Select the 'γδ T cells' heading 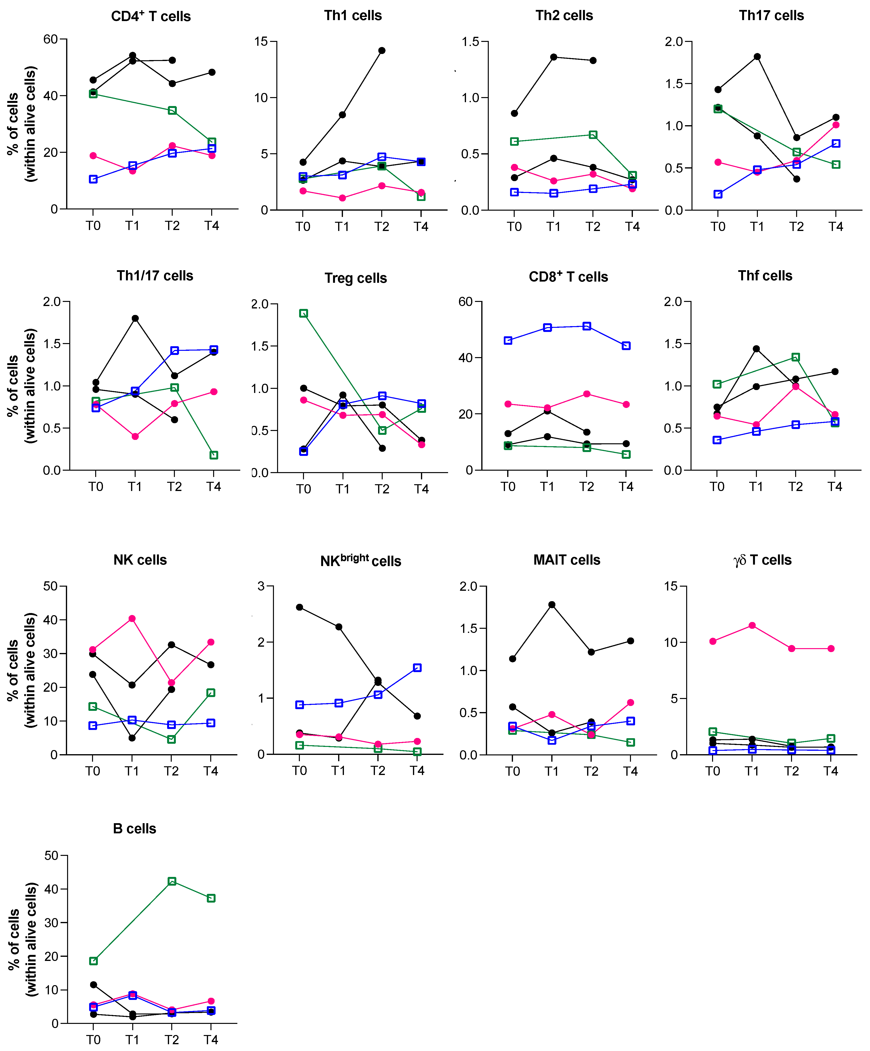coord(762,560)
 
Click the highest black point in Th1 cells coord(382,51)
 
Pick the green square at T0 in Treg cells coord(303,313)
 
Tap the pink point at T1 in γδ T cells coord(752,626)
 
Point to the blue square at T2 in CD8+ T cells coord(587,326)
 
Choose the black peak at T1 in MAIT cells coord(552,605)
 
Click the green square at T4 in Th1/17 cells coord(214,455)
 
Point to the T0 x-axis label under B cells coord(93,1039)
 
